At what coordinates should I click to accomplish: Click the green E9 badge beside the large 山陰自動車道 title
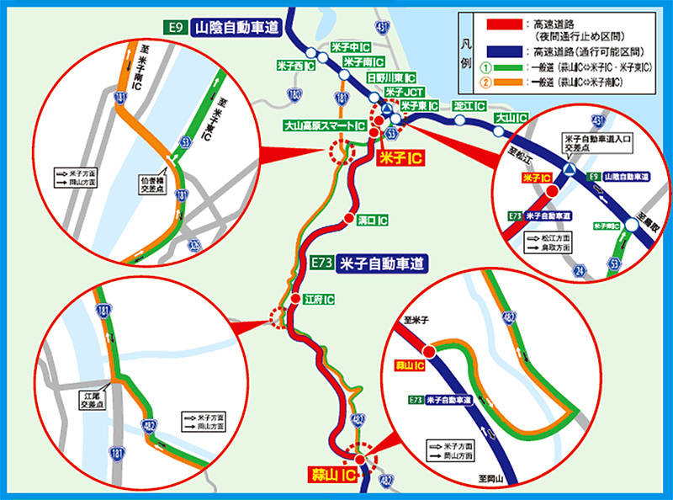point(176,26)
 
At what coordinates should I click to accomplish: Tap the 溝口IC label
point(372,221)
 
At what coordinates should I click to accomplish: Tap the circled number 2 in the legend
point(484,82)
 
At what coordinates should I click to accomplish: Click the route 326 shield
point(195,245)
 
